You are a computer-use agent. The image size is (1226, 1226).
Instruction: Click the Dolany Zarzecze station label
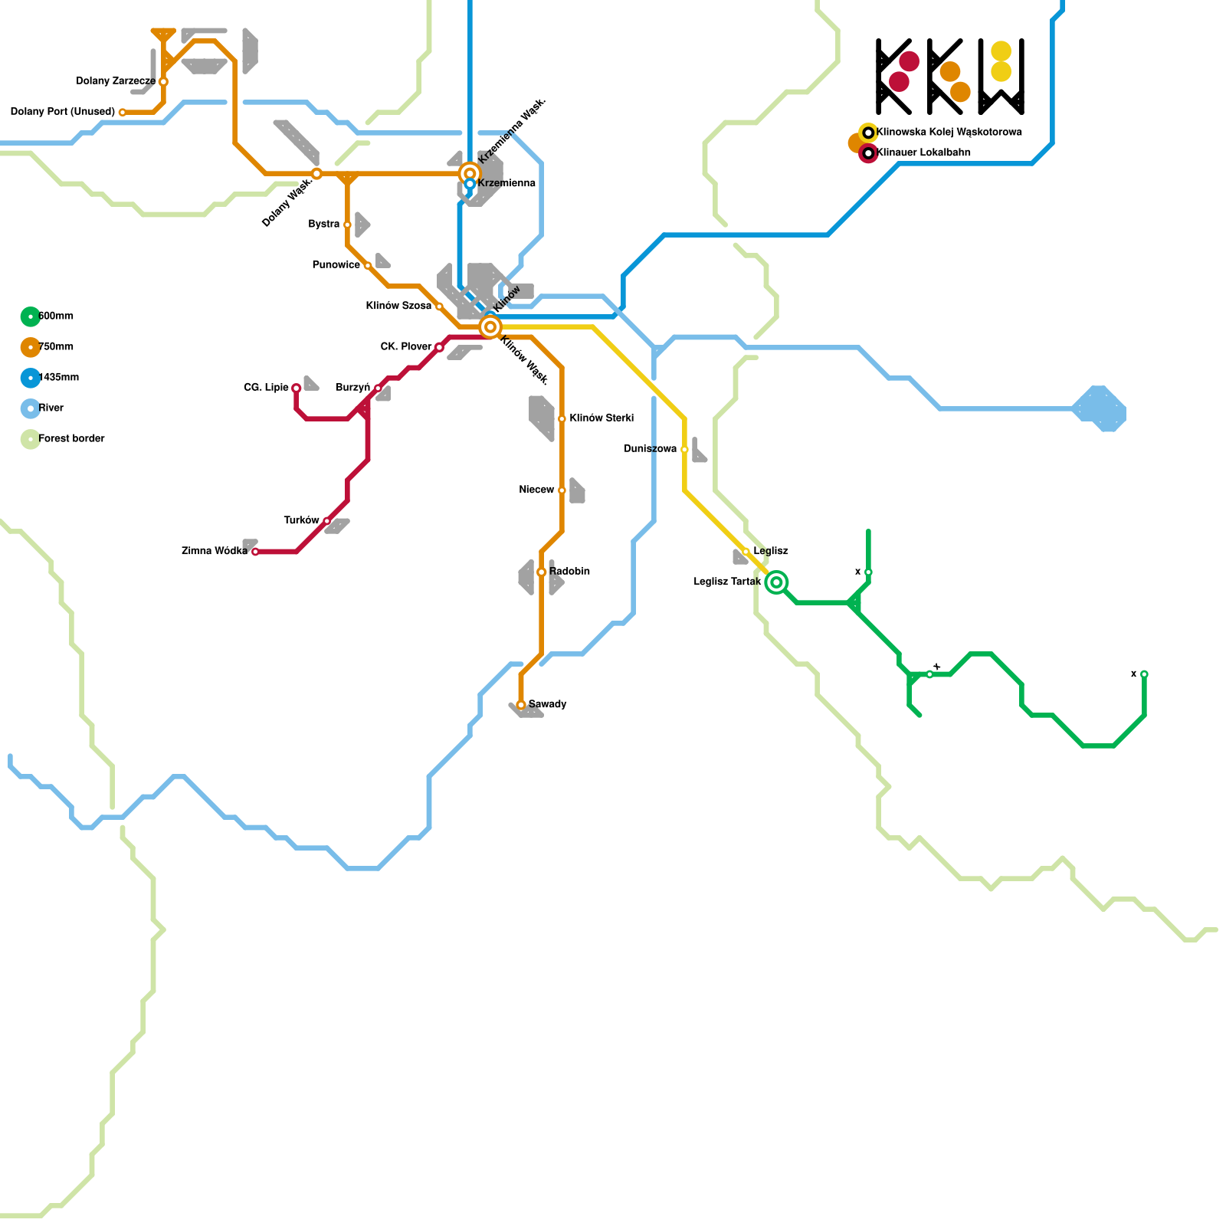tap(116, 81)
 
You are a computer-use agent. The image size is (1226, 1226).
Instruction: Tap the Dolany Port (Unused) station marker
tap(123, 113)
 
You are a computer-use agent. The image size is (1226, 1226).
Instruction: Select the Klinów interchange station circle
tap(490, 327)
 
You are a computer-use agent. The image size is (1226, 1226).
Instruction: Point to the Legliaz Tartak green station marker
tap(776, 582)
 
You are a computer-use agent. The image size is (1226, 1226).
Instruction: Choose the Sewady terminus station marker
tap(521, 705)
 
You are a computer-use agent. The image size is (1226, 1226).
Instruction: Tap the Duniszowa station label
tap(650, 449)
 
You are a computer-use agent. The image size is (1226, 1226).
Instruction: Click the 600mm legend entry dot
tap(31, 316)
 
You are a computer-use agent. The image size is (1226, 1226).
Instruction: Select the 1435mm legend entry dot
tap(31, 378)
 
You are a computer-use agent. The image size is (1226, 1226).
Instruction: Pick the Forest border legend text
tap(71, 439)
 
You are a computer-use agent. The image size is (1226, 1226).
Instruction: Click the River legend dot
tap(31, 408)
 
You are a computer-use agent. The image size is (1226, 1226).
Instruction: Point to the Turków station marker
tap(327, 521)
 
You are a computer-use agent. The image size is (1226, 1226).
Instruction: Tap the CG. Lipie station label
tap(266, 388)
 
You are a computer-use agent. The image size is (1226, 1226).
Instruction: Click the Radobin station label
tap(569, 572)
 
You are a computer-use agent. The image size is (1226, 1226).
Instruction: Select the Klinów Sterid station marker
tap(562, 419)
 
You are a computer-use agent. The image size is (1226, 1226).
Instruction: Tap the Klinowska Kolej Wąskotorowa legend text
tap(949, 133)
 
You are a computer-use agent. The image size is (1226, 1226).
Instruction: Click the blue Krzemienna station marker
tap(470, 184)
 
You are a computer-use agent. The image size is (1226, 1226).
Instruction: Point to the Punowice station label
tap(336, 265)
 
